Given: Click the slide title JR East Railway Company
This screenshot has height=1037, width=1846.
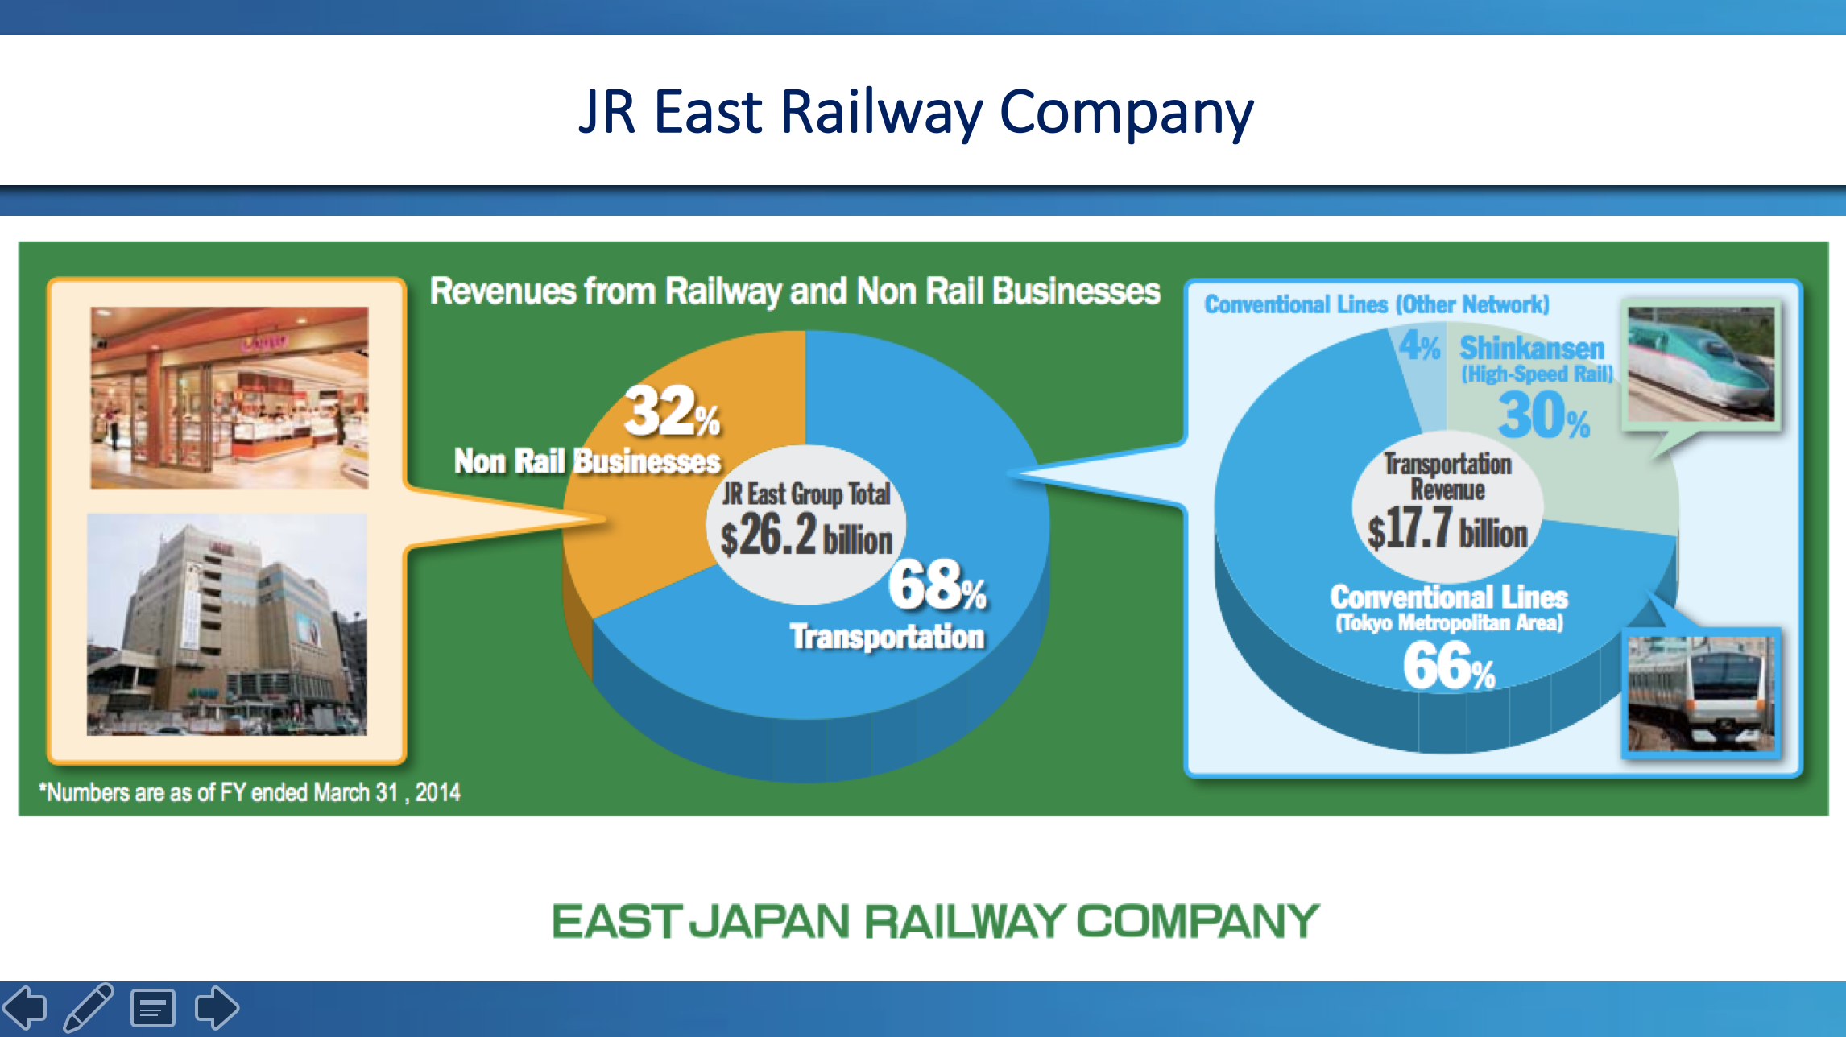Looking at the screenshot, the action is pyautogui.click(x=916, y=113).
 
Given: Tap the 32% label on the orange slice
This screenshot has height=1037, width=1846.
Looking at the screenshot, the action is pyautogui.click(x=673, y=411).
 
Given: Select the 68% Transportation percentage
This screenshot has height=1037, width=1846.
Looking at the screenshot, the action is pyautogui.click(x=938, y=585).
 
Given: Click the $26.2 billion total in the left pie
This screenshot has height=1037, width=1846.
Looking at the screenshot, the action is pyautogui.click(x=806, y=535).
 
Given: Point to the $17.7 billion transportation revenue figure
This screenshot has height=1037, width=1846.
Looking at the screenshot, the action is pyautogui.click(x=1447, y=529).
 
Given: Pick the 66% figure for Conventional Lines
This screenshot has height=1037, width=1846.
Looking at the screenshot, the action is pyautogui.click(x=1449, y=666).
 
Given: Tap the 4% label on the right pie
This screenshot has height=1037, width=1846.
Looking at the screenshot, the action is pyautogui.click(x=1419, y=345).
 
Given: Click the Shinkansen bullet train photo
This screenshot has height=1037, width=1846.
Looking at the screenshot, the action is pyautogui.click(x=1701, y=364).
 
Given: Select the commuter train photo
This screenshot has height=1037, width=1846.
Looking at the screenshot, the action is pyautogui.click(x=1701, y=693).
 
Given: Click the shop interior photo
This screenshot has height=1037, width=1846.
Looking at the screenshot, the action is pyautogui.click(x=230, y=398).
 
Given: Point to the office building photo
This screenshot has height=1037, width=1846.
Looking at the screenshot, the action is pyautogui.click(x=227, y=625).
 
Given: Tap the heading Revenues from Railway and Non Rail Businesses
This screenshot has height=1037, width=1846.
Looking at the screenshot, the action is pyautogui.click(x=795, y=291).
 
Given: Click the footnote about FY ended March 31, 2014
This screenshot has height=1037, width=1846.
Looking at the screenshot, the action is pyautogui.click(x=250, y=793).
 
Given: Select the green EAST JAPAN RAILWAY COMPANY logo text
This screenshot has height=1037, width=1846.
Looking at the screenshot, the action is pyautogui.click(x=935, y=922).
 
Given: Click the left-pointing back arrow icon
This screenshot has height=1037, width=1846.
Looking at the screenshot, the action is pyautogui.click(x=25, y=1007).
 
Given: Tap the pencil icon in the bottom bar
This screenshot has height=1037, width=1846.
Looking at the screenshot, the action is pyautogui.click(x=89, y=1007).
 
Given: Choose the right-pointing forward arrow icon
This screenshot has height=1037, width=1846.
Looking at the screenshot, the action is pyautogui.click(x=217, y=1007).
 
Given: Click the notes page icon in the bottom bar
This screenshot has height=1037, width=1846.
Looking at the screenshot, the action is pyautogui.click(x=153, y=1008).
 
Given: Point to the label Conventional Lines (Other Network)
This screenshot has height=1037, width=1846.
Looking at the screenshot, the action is pyautogui.click(x=1376, y=305).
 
